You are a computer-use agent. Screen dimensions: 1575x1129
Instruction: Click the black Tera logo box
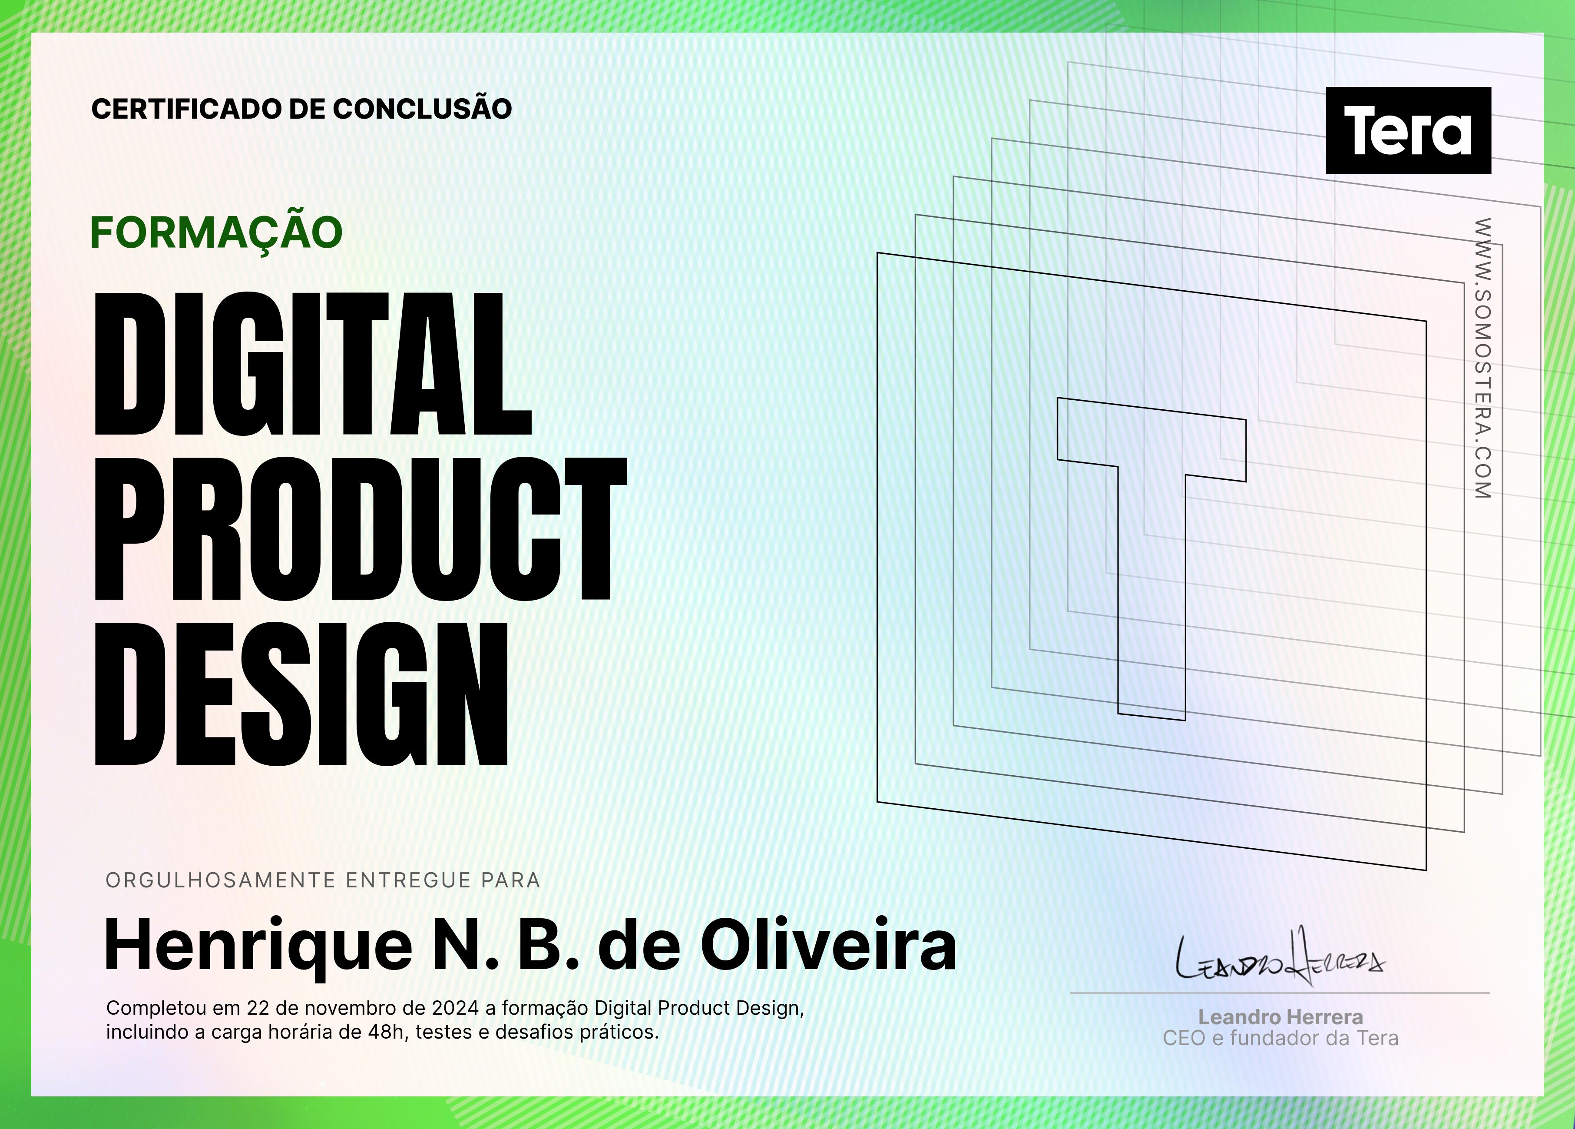point(1408,130)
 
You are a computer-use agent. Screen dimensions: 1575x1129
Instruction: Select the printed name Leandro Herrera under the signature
point(1281,1017)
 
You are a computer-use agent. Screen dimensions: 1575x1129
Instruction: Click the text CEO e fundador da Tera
point(1281,1038)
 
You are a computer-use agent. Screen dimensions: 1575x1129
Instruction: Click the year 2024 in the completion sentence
point(455,1008)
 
